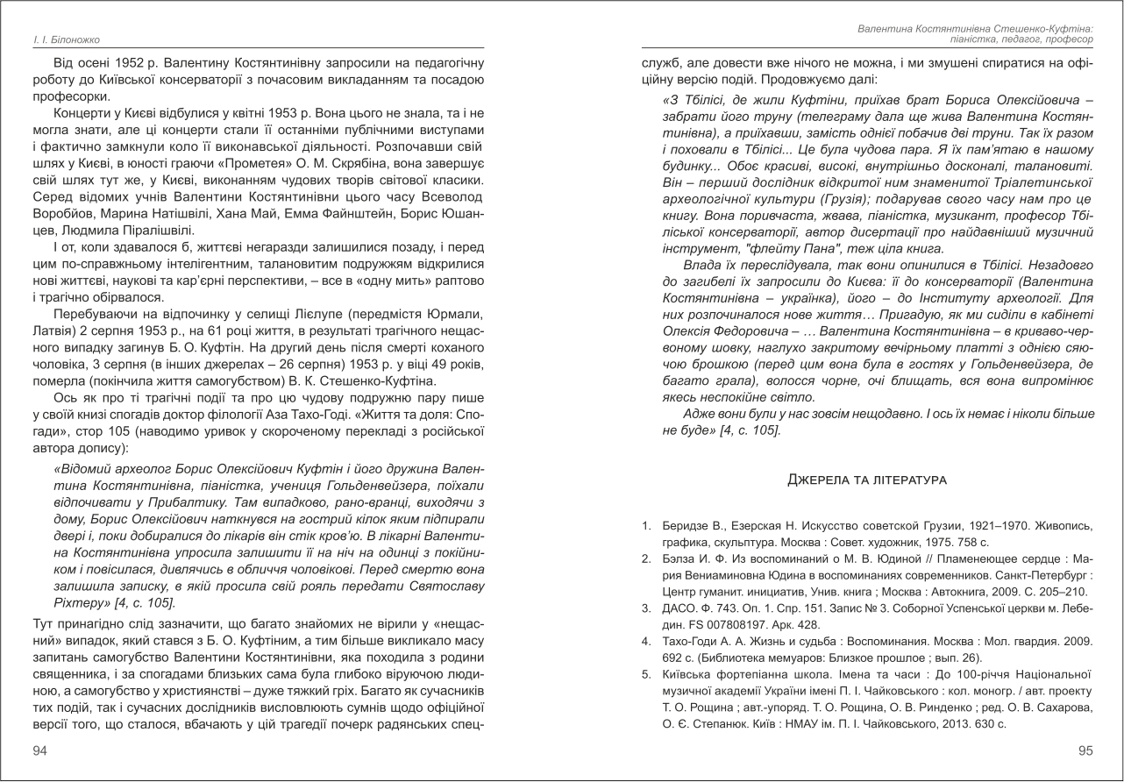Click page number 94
[x=40, y=750]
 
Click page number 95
[x=1085, y=750]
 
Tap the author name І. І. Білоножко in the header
[x=62, y=40]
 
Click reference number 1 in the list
[x=646, y=526]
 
